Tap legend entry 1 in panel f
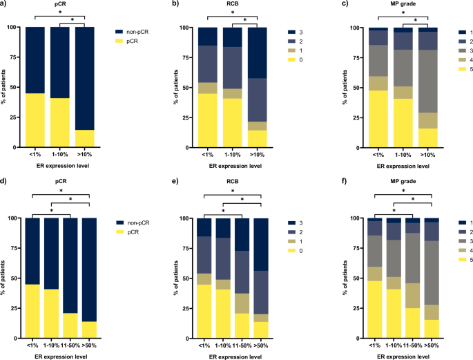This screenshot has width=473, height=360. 450,222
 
